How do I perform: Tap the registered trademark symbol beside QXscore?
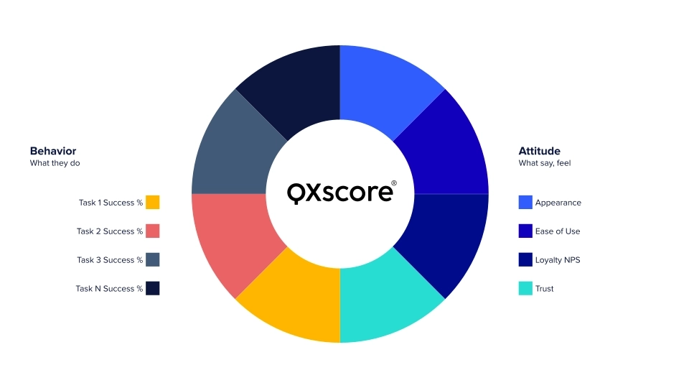click(x=394, y=183)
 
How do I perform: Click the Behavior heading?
click(x=53, y=151)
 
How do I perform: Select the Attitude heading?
click(x=539, y=151)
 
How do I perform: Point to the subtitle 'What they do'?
click(x=55, y=163)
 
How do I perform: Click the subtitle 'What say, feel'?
click(x=545, y=163)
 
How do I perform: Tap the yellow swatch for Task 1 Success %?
click(x=152, y=203)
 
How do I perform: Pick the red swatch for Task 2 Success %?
click(x=152, y=231)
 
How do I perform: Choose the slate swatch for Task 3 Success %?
click(x=152, y=259)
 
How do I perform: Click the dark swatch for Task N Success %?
click(x=152, y=288)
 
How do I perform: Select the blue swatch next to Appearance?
click(x=525, y=203)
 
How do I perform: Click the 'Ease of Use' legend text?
click(x=558, y=231)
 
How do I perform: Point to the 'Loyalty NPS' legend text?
click(x=558, y=260)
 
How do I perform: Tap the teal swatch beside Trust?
click(x=525, y=288)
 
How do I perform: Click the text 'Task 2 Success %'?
click(x=110, y=231)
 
